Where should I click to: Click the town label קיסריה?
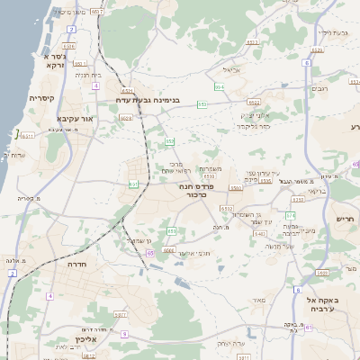tap(42, 98)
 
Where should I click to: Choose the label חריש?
tap(345, 219)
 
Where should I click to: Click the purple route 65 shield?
tap(150, 254)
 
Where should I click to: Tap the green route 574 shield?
tap(290, 216)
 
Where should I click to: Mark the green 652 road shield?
tap(169, 140)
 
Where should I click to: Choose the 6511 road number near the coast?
tap(29, 136)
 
